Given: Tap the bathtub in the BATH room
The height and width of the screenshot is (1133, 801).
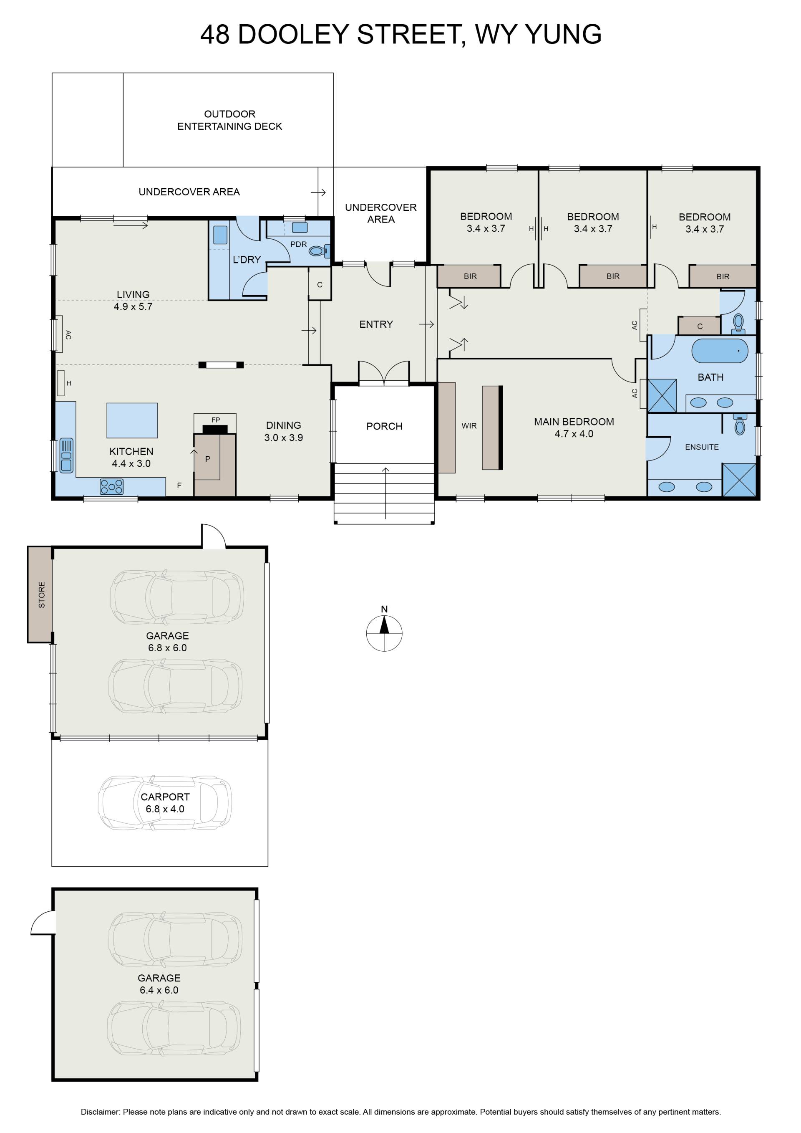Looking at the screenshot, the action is (x=720, y=351).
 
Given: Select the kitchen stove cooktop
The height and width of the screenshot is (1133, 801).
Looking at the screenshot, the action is (x=112, y=487).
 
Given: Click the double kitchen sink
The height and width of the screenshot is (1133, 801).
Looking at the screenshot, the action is (x=66, y=455).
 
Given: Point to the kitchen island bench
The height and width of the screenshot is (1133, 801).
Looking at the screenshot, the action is (x=132, y=420).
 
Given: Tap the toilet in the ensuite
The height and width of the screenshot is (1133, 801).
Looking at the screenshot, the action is (x=739, y=425).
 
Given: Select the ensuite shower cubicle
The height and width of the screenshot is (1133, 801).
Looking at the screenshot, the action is (x=739, y=480).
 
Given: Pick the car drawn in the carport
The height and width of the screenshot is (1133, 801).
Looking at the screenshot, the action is (x=165, y=803).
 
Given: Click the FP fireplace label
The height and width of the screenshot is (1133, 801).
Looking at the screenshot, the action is (x=216, y=420).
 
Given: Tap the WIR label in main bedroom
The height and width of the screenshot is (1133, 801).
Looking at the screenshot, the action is (x=469, y=426).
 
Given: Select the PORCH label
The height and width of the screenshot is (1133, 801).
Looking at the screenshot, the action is (x=384, y=426).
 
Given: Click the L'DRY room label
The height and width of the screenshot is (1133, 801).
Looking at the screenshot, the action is (x=247, y=260).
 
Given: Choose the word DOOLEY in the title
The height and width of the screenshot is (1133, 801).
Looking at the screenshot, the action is (x=293, y=35).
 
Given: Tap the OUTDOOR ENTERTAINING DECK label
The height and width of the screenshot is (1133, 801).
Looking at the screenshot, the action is (x=230, y=120).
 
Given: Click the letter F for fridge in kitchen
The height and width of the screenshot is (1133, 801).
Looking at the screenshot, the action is (x=179, y=486).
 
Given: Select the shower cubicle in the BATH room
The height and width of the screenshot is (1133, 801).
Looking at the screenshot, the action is (x=662, y=395).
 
